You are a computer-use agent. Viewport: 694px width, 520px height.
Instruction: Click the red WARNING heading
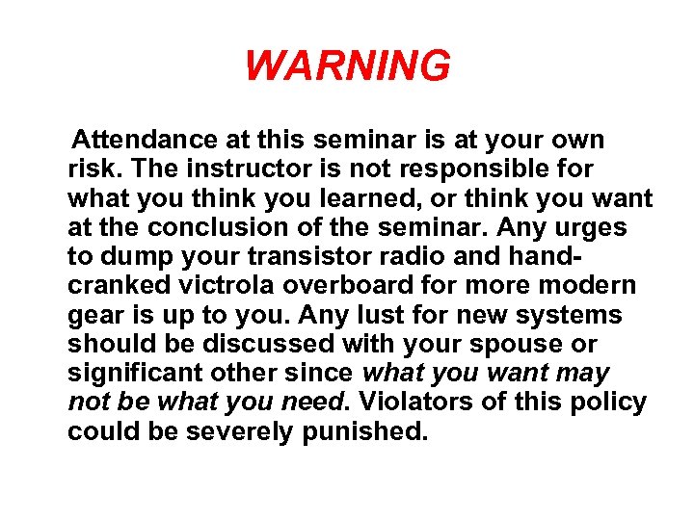click(347, 66)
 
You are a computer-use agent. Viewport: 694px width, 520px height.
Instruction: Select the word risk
click(90, 169)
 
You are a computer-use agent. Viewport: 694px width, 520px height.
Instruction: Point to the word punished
click(363, 431)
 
